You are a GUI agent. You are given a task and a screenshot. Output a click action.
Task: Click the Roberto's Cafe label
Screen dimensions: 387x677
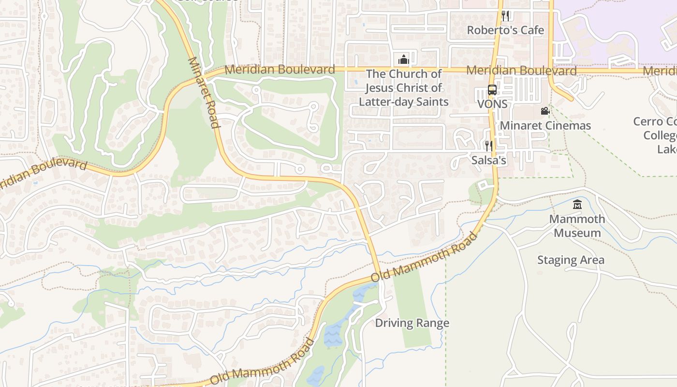505,30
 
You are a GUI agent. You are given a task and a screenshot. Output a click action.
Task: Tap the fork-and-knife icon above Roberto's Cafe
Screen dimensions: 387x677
505,15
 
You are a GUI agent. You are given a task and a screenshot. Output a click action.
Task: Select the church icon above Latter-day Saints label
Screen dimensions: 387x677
403,60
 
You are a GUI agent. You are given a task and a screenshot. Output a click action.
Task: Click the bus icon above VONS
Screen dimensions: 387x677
492,90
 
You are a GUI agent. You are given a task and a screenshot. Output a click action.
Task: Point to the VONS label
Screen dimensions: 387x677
492,104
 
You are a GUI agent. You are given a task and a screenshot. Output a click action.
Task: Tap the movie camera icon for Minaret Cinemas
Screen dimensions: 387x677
545,111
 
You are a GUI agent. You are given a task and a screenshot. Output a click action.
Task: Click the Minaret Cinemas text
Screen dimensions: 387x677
545,126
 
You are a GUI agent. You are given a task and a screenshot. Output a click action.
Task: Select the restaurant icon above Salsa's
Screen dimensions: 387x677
489,146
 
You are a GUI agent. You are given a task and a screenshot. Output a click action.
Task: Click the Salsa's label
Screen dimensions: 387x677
489,160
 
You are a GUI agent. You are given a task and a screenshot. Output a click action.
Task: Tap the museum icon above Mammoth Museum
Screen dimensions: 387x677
577,205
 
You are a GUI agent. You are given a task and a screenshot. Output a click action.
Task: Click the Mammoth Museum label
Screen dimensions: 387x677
577,226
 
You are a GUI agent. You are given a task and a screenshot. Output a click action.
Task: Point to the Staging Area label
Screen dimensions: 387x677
571,260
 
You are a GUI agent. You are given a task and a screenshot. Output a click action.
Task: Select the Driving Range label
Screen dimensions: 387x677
412,323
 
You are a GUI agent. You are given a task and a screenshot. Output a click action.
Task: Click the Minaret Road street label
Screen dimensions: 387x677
204,92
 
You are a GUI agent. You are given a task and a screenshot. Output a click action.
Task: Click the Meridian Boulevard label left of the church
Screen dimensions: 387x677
280,70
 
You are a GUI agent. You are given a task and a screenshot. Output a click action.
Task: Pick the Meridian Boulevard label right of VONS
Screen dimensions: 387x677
521,71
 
